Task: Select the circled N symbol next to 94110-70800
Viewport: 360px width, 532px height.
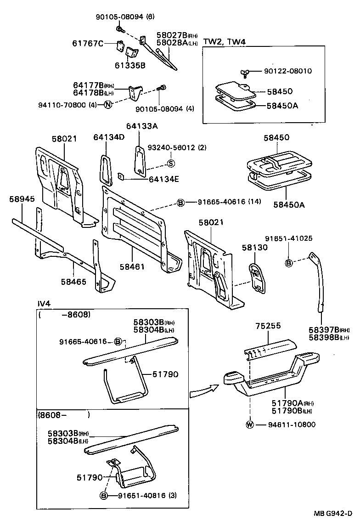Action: click(x=107, y=104)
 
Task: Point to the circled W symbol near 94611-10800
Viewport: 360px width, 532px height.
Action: click(x=250, y=424)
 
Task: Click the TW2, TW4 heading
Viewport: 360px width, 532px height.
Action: click(x=225, y=42)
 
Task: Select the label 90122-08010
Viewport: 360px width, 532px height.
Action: click(x=288, y=71)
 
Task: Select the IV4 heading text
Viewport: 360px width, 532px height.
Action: click(x=44, y=304)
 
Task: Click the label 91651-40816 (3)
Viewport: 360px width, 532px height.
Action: click(x=145, y=496)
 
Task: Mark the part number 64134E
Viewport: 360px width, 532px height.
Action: click(x=163, y=179)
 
